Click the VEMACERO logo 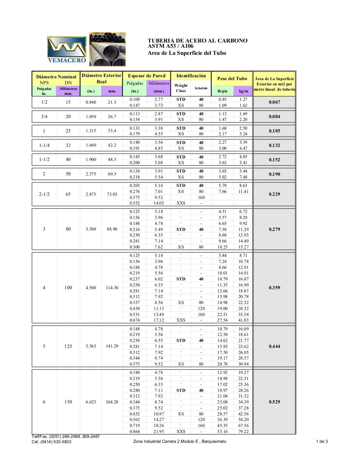coord(67,50)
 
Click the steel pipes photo coord(107,49)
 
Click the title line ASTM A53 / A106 coord(171,46)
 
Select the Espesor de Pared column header coord(147,76)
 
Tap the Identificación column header coord(191,76)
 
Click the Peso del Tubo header coord(232,78)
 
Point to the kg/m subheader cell coord(243,91)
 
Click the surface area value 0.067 coord(274,102)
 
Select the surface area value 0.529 coord(274,402)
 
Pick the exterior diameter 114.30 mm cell coord(112,287)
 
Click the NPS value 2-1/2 coord(44,194)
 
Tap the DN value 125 coord(68,346)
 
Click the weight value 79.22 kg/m coord(243,432)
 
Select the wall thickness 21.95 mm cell coord(159,432)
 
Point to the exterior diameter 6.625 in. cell coord(91,402)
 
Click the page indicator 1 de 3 coord(322,441)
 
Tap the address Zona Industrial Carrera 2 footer coord(180,441)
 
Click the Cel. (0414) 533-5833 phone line coord(51,442)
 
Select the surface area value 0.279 coord(274,229)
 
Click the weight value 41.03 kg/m coord(243,320)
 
